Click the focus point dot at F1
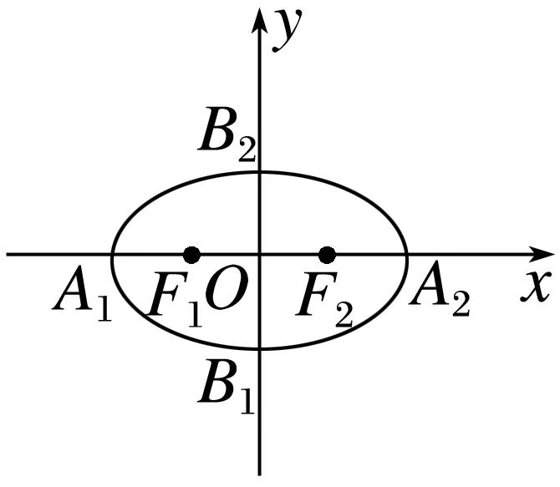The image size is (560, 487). (x=192, y=254)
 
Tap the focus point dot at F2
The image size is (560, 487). (x=327, y=254)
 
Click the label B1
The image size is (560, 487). (x=224, y=385)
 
